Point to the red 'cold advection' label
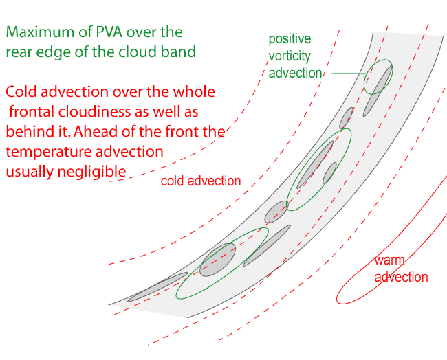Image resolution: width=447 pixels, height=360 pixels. [x=201, y=181]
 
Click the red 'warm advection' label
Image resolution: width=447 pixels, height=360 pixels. [x=401, y=269]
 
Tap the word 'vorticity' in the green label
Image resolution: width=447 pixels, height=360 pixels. [x=290, y=56]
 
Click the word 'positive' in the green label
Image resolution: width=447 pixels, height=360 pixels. [x=290, y=39]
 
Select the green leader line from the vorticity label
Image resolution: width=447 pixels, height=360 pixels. [x=348, y=73]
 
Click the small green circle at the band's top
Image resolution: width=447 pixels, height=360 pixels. [x=378, y=77]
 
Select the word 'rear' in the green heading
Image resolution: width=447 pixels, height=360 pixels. [x=20, y=52]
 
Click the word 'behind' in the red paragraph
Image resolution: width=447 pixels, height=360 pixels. [x=27, y=131]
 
